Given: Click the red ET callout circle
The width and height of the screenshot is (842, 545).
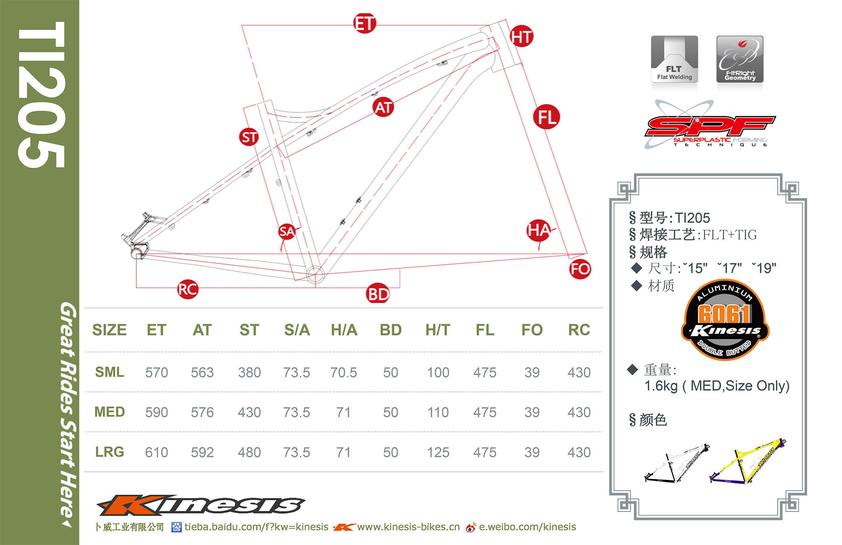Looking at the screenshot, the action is [364, 23].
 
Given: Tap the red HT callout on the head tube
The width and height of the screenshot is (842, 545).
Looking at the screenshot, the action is [521, 37].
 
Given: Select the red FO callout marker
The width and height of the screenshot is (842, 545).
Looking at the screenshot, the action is [580, 269].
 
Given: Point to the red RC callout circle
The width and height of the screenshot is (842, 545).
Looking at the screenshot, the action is [187, 289].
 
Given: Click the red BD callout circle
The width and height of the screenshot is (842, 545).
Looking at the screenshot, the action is [378, 294].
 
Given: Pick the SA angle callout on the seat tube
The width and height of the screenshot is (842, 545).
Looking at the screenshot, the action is [287, 231].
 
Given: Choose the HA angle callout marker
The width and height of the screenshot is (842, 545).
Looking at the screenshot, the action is [538, 230].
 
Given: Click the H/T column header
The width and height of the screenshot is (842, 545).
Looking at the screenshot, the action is [438, 330].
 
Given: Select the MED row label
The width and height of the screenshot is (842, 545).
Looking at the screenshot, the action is [109, 412].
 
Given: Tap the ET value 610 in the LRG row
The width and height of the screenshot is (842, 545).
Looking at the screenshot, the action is [156, 452].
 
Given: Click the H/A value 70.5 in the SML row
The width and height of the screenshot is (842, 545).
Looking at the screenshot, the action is [343, 372].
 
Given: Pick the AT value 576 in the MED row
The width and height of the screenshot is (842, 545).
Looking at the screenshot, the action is [202, 413].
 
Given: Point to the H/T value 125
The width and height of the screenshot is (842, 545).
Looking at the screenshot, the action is [438, 452].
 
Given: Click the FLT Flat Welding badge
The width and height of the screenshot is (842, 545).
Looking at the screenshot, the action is [674, 59].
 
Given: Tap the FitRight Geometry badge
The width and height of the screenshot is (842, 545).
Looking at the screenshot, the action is [740, 59].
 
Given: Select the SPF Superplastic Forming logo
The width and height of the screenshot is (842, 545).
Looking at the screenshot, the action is [709, 125].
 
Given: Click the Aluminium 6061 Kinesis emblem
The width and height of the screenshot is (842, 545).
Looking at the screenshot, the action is [725, 320].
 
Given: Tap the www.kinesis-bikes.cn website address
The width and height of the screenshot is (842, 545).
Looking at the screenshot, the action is [408, 527].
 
